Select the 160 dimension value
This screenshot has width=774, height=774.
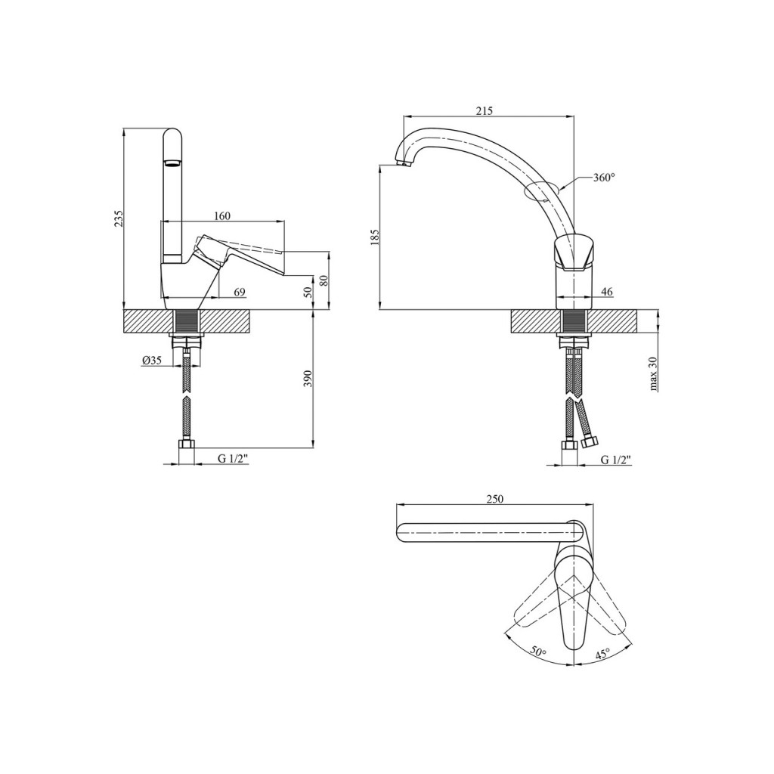coord(222,215)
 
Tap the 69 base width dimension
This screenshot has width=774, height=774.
coord(239,293)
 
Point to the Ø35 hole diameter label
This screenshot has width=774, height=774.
coord(151,361)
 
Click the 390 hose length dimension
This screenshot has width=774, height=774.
coord(307,379)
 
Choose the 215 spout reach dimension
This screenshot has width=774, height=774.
coord(485,110)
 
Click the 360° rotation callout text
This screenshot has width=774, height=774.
coord(604,178)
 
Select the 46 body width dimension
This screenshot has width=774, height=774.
coord(607,293)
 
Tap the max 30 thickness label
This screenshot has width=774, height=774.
coord(653,373)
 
